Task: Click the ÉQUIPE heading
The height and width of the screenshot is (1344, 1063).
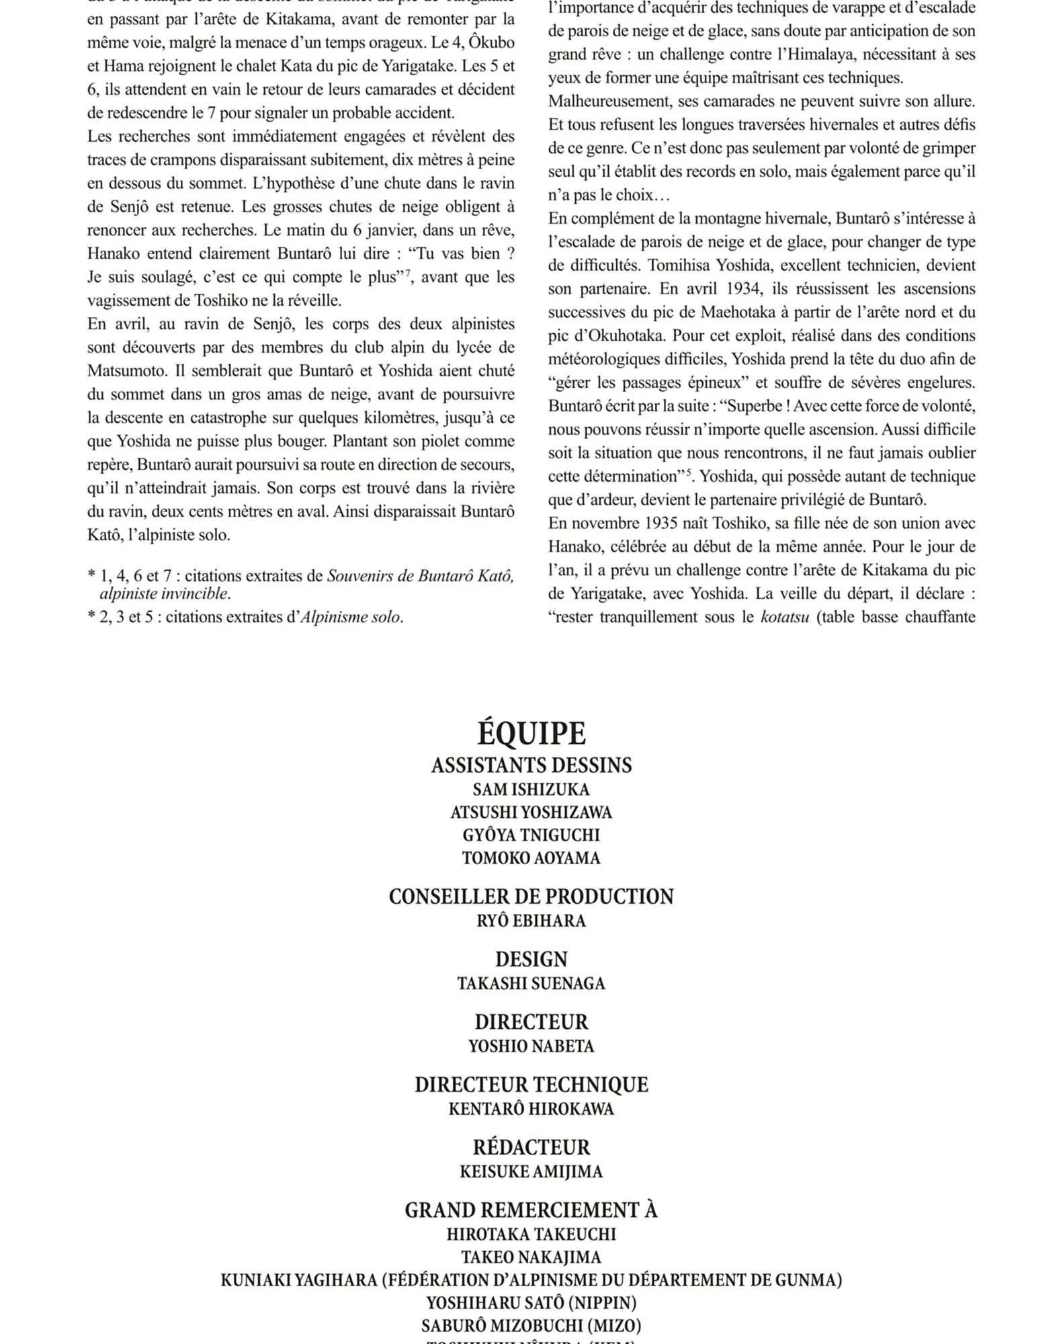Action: (531, 733)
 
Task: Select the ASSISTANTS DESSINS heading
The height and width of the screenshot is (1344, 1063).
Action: (531, 765)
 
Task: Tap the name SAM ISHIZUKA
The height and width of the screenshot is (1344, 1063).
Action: (531, 790)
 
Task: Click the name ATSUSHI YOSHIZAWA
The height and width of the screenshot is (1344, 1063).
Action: (531, 812)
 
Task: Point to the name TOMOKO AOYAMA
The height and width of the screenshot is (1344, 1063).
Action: (531, 858)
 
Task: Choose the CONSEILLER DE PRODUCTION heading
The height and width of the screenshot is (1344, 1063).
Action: (531, 896)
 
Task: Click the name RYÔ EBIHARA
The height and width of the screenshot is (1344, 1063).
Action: (531, 921)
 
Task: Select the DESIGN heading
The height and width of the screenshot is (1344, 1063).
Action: (531, 959)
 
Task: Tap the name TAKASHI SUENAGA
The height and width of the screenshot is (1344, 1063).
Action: (531, 984)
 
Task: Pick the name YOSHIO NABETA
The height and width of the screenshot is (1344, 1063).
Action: (531, 1046)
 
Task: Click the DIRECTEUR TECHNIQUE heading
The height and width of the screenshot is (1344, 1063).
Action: (531, 1085)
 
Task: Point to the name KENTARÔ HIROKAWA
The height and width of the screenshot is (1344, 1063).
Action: (531, 1109)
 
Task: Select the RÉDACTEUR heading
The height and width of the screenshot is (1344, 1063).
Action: (531, 1147)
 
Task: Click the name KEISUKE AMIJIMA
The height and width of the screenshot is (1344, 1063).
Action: (531, 1172)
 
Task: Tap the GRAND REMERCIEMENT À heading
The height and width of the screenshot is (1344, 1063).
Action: (531, 1210)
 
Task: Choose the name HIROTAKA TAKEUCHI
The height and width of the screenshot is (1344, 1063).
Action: (531, 1234)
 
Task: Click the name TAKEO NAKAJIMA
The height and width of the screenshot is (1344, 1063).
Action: (531, 1257)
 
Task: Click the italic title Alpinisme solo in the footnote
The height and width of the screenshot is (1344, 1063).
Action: (349, 617)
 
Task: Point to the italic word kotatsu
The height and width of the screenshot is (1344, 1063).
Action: (784, 617)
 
